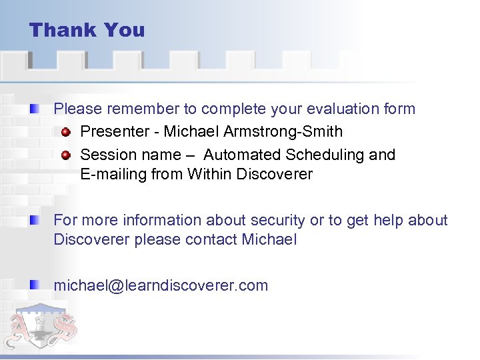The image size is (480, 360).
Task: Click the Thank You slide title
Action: [x=87, y=31]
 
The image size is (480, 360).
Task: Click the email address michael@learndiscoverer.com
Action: [x=161, y=286]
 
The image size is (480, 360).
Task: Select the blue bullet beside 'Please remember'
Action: [x=34, y=108]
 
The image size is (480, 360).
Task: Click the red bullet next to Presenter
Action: [x=66, y=131]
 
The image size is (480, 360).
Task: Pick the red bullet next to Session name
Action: [x=66, y=155]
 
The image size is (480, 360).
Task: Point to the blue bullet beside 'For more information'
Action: [x=34, y=220]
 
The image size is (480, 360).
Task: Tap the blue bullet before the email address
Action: [x=34, y=285]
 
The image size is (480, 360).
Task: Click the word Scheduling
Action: [x=325, y=155]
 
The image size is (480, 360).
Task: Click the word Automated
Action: [x=242, y=155]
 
